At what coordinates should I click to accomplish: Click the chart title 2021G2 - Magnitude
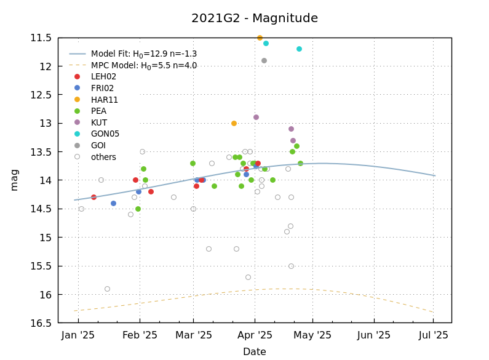point(255,18)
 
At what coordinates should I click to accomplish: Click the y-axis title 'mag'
point(14,180)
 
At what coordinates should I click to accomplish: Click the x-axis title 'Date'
point(255,352)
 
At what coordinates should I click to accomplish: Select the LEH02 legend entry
point(103,77)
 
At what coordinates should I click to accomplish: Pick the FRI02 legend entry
point(102,88)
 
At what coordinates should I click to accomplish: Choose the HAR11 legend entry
point(104,100)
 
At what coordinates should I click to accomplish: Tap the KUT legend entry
point(98,122)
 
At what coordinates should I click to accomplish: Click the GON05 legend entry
point(105,134)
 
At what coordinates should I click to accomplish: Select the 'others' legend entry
point(103,157)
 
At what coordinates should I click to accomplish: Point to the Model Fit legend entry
point(143,54)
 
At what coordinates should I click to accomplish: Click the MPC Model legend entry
point(143,65)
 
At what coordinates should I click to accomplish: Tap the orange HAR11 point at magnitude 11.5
point(260,38)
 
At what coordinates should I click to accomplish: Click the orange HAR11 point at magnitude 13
point(234,123)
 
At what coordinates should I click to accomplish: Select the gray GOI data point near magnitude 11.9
point(264,60)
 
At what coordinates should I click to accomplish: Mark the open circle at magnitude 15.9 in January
point(107,289)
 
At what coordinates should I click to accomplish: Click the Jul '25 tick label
point(433,335)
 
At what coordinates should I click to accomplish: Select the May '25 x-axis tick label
point(312,335)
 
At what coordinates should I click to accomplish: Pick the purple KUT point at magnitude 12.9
point(256,117)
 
